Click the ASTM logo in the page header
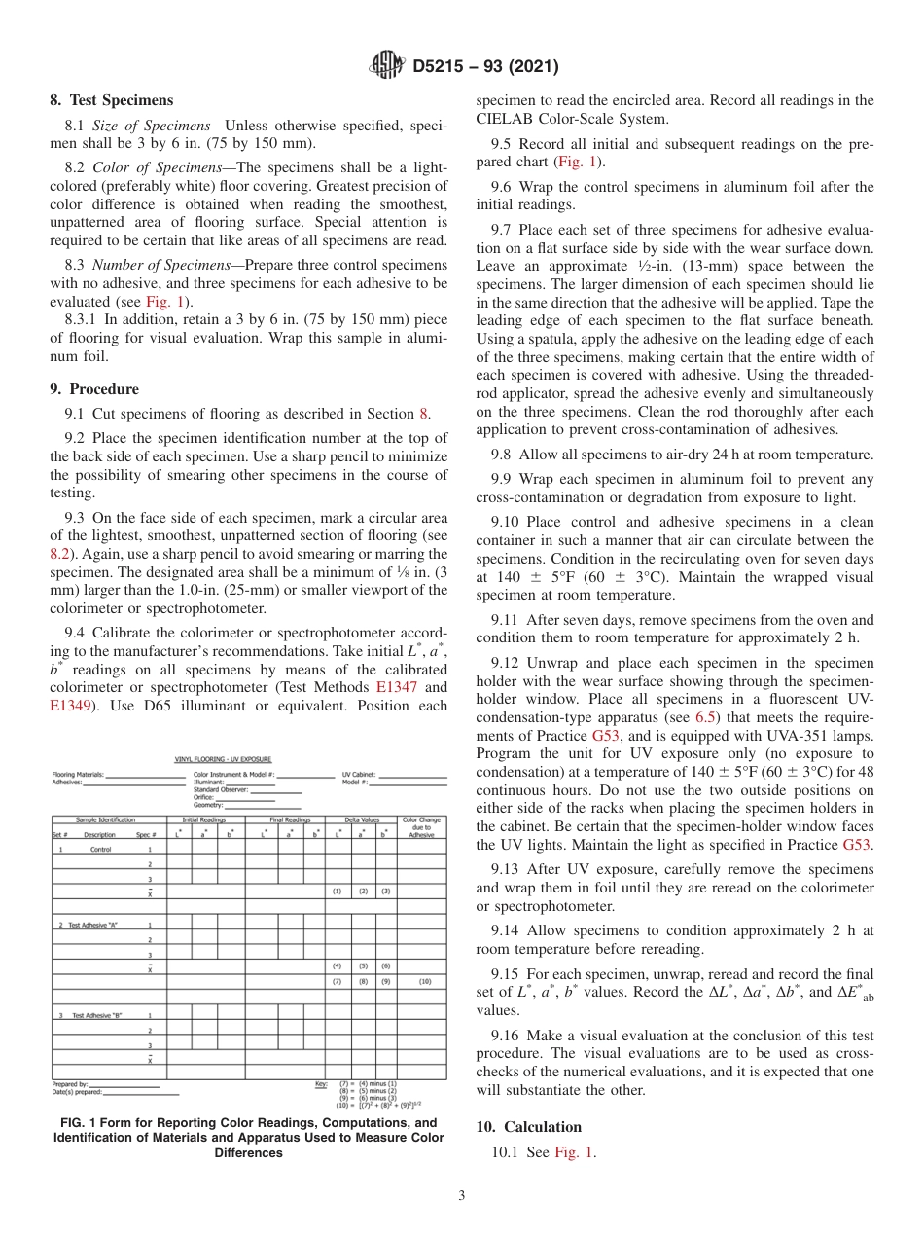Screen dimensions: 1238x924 (387, 66)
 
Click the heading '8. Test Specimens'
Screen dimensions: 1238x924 (111, 100)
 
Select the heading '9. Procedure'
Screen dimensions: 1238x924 (93, 388)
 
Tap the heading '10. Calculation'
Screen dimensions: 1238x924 (528, 1126)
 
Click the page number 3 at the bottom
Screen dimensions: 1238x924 (462, 1196)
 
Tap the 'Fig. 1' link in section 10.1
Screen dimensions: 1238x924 (574, 1152)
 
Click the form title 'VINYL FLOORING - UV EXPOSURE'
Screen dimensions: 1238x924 (223, 759)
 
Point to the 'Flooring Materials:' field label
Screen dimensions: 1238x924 (77, 775)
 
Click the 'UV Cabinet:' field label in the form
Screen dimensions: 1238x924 (358, 775)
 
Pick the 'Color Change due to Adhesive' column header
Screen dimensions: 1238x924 (421, 827)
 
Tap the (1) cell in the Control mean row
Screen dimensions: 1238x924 (337, 892)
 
